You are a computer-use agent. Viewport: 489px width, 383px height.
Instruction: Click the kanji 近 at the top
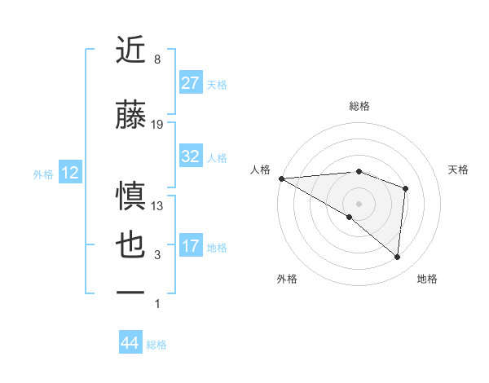coord(131,51)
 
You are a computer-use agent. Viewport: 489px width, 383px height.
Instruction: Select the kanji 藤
coord(131,115)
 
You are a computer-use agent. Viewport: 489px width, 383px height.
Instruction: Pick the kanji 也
coord(131,247)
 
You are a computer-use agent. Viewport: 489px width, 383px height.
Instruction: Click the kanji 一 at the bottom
coord(131,292)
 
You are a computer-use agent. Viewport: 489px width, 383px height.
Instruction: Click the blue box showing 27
coord(191,83)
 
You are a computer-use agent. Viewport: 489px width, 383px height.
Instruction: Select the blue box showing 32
coord(191,157)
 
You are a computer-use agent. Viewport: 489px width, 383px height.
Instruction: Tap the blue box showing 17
coord(191,247)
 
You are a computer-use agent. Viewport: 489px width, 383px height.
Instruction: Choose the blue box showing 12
coord(70,173)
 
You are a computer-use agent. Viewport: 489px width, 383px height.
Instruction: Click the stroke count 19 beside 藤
coord(157,125)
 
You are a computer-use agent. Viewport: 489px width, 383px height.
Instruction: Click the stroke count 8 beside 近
coord(156,60)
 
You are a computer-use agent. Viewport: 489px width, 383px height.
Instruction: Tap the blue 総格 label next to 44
coord(156,345)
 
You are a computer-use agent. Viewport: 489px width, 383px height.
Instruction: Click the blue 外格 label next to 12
coord(43,174)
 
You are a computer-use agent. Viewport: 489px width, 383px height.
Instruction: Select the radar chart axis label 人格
coord(260,169)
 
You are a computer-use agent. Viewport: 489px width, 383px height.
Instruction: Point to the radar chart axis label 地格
coord(427,279)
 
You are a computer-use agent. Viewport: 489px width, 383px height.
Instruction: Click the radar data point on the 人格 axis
coord(281,178)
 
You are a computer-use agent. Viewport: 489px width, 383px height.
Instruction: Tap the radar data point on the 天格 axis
coord(405,189)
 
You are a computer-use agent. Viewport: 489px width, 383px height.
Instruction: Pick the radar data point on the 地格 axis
coord(397,257)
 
